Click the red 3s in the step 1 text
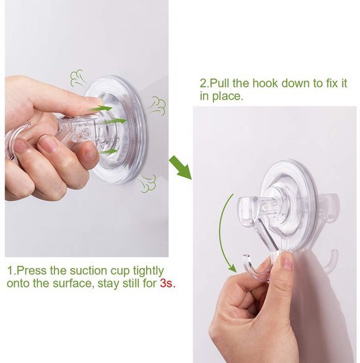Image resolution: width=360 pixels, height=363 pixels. coord(166,283)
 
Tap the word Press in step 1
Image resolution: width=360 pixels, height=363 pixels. coord(31,271)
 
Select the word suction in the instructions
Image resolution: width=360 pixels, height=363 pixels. coord(88,271)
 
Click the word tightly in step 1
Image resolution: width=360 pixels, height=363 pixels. coord(148,271)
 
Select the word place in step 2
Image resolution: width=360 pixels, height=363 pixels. coord(227,96)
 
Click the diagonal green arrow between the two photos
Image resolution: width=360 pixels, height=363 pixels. coord(181,168)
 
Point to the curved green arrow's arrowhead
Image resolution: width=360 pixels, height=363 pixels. coord(232,268)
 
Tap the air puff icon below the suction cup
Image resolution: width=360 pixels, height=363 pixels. coord(148,184)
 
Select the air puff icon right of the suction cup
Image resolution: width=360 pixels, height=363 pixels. coord(158,105)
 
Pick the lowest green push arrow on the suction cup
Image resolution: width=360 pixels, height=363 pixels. coord(109,151)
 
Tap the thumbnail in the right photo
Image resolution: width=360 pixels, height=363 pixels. coord(287,261)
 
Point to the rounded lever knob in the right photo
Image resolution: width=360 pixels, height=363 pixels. coord(247,212)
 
